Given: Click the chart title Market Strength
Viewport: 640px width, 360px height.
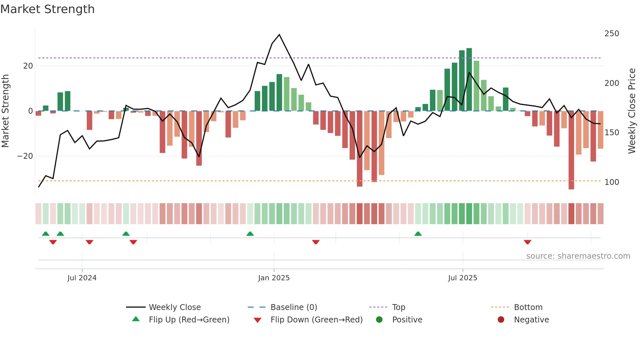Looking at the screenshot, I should tap(47, 9).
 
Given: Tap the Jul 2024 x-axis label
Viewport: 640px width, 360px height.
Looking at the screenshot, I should tap(82, 278).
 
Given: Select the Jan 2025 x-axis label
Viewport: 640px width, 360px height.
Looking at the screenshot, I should tap(274, 278).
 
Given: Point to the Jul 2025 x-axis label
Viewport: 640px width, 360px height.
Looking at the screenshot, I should tap(462, 278).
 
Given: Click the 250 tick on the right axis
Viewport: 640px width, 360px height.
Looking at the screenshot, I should tap(612, 34).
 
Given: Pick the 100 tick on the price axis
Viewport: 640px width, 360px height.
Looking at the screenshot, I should tap(612, 182).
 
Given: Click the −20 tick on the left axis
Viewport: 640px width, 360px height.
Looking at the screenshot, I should tap(25, 156).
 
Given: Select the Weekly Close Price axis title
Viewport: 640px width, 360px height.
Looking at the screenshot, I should tap(632, 111).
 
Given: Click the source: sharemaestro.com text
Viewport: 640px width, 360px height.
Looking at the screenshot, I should tap(578, 256).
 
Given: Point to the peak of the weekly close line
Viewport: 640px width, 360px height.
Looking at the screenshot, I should tap(279, 35).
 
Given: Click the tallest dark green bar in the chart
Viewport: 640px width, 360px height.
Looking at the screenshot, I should tap(469, 79).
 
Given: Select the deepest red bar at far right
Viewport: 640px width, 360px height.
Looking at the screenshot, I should tap(571, 150).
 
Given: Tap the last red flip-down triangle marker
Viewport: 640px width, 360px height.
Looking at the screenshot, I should tap(527, 242).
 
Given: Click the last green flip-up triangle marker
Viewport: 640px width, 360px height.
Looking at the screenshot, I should tap(418, 234).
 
